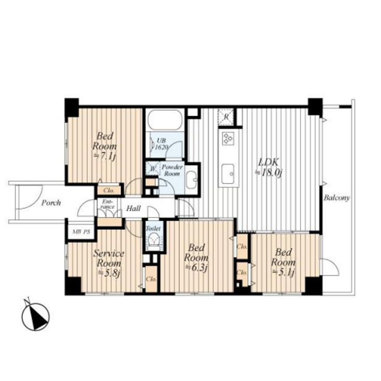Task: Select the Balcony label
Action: tap(337, 198)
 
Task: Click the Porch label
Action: tap(51, 202)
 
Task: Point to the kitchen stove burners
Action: tap(227, 139)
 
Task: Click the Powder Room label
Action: tap(171, 170)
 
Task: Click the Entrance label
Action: tap(107, 205)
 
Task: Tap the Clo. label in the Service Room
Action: tap(151, 279)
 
